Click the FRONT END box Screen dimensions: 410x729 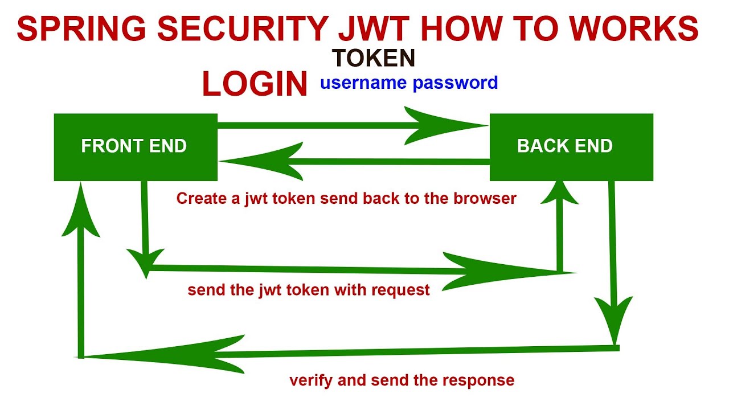point(136,147)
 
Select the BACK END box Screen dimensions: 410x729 point(571,147)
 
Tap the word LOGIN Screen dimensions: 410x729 point(255,84)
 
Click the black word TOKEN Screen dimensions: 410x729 point(374,58)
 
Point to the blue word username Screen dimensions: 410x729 point(363,83)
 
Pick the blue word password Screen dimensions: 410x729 point(455,83)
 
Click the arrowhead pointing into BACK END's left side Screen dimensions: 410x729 point(450,125)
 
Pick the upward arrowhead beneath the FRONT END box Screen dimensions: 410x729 point(81,211)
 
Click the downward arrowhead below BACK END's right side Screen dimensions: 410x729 point(613,319)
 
